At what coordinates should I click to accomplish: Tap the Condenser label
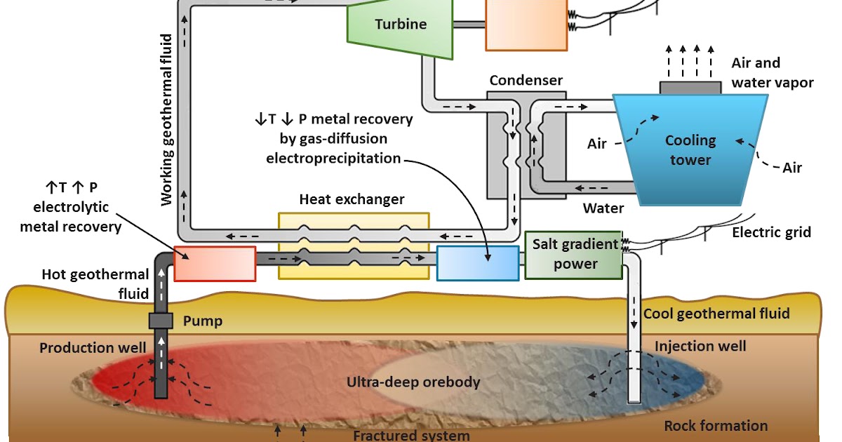[526, 80]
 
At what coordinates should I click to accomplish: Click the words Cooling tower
[690, 150]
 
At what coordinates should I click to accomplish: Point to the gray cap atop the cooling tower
[690, 88]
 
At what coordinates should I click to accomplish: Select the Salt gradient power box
[574, 255]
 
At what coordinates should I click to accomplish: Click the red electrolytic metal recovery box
[214, 264]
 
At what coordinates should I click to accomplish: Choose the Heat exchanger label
[352, 199]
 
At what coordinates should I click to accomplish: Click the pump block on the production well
[161, 321]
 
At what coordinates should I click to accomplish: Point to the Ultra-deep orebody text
[413, 382]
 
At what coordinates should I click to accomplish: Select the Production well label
[93, 348]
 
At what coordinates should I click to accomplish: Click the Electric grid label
[771, 232]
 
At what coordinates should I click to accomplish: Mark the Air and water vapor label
[772, 73]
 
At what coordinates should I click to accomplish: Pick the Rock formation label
[716, 426]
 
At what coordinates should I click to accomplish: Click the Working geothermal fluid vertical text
[167, 119]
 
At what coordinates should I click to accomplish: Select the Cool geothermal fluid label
[716, 314]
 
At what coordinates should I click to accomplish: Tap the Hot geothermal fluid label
[95, 282]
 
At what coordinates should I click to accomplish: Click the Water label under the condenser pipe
[603, 208]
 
